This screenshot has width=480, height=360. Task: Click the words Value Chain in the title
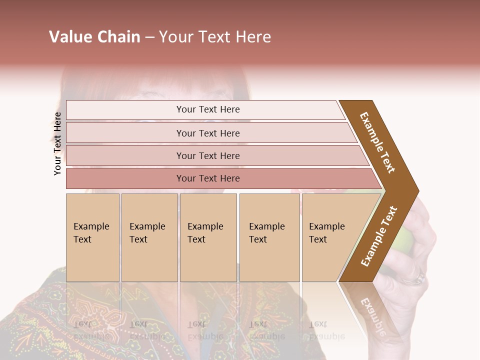[x=94, y=37]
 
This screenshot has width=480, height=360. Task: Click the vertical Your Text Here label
[x=57, y=143]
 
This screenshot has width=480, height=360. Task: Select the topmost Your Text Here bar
[x=205, y=110]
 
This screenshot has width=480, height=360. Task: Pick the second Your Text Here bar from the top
[x=210, y=133]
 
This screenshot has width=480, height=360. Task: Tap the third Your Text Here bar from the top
[x=215, y=155]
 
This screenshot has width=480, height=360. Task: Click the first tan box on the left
[x=92, y=237]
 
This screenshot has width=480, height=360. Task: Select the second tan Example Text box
[x=149, y=237]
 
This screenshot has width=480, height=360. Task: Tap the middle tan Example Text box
[x=208, y=237]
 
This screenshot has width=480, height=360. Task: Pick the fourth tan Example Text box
[x=269, y=237]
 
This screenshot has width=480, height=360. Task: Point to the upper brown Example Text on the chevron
[x=377, y=142]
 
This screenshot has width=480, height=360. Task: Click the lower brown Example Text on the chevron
[x=379, y=236]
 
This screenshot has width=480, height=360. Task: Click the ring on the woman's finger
[x=418, y=277]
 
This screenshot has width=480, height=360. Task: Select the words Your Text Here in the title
[x=215, y=37]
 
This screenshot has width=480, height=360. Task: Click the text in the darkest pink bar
[x=208, y=178]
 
